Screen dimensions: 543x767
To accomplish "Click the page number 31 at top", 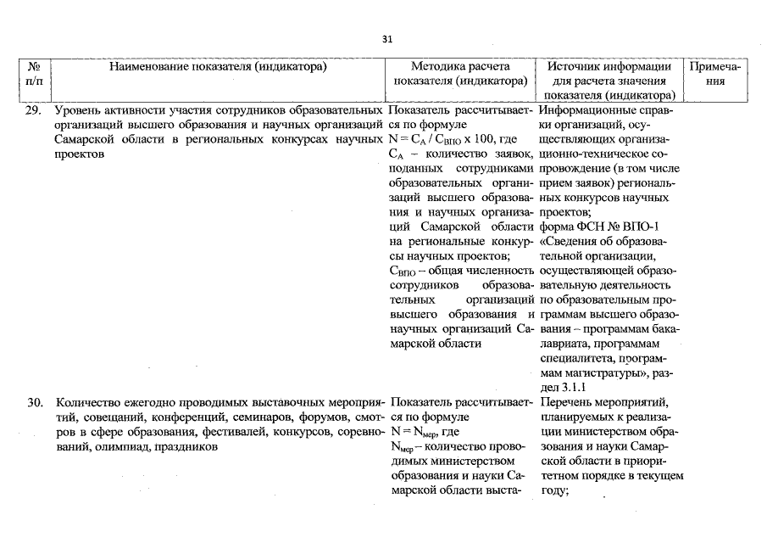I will tap(387, 39).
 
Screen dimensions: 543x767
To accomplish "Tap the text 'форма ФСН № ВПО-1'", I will tap(597, 228).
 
